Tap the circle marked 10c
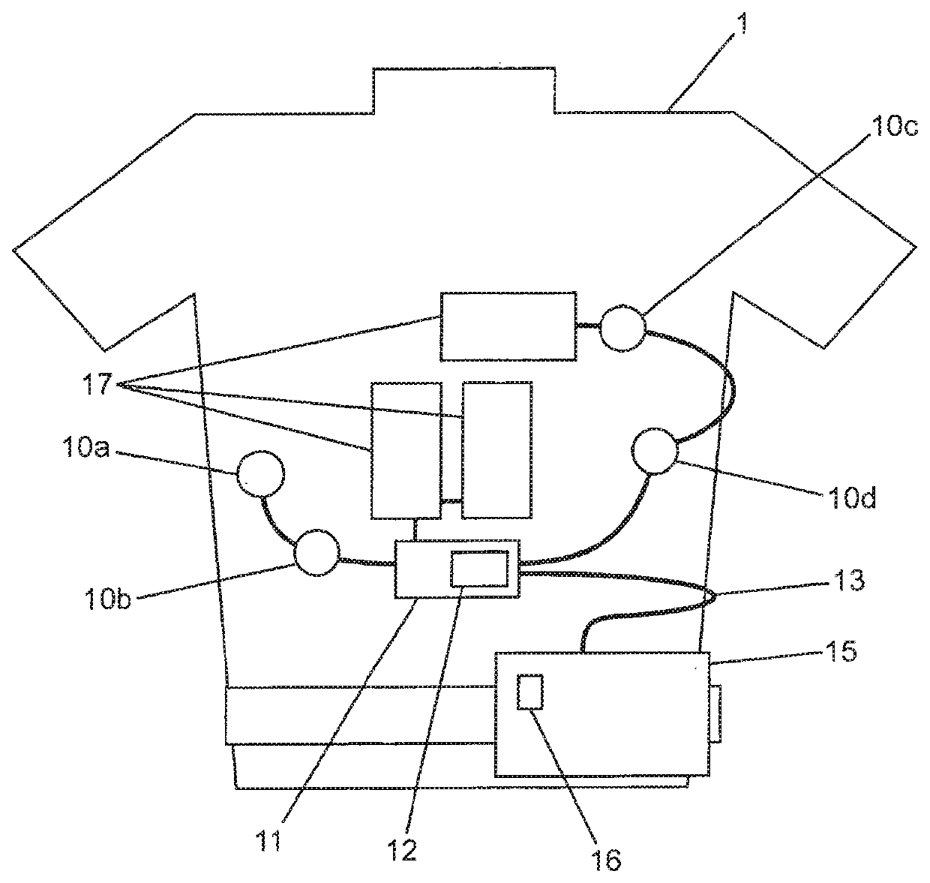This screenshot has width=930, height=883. click(x=622, y=328)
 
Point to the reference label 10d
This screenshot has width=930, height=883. click(x=850, y=497)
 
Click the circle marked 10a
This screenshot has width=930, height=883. click(x=261, y=473)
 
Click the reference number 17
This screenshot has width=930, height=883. click(x=99, y=385)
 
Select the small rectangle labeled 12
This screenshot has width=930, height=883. click(x=478, y=568)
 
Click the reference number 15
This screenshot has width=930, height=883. click(x=836, y=651)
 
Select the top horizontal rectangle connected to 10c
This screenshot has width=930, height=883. click(x=508, y=326)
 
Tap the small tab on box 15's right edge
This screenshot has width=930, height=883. click(x=715, y=713)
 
